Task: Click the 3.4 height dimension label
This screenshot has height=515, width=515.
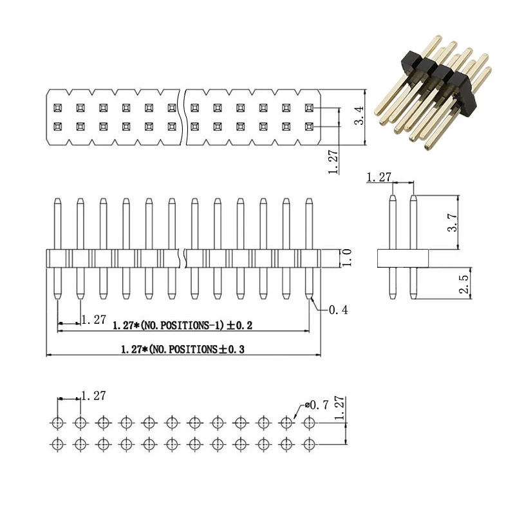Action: pos(360,116)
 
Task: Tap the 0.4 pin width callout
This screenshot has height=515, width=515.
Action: pos(338,310)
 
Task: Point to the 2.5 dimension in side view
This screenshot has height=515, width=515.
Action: pos(464,283)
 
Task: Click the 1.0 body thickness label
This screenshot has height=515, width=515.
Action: pos(346,257)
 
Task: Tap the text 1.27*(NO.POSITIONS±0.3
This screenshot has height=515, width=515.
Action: pos(183,350)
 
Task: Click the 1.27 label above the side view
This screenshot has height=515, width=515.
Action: pos(379,177)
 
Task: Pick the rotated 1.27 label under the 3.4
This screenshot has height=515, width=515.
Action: pos(333,161)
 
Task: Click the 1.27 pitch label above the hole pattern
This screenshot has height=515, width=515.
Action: pos(94,396)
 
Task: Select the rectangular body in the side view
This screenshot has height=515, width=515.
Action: pos(402,259)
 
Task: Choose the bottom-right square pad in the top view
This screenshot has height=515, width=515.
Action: pos(309,126)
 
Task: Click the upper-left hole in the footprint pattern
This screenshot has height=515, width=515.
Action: pos(57,423)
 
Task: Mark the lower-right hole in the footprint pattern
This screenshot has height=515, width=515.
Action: pos(310,444)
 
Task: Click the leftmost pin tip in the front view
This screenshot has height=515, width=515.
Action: pos(57,201)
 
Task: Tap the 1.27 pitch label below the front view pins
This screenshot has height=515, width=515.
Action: pos(94,319)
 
